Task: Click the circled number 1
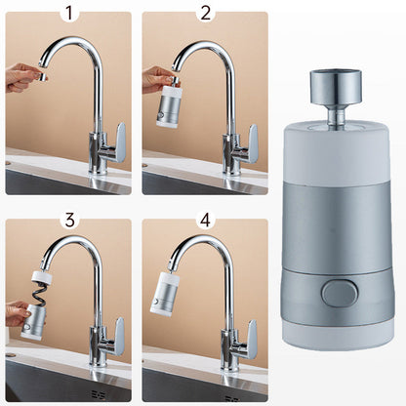coord(68,14)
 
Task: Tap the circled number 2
coord(205,14)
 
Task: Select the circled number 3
coord(68,219)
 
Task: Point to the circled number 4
coord(205,219)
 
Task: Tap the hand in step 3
coord(18,312)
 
